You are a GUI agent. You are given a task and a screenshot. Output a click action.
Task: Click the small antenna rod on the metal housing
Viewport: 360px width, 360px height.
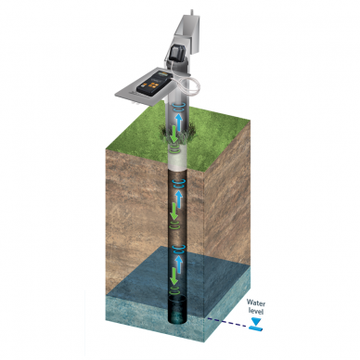point(192,12)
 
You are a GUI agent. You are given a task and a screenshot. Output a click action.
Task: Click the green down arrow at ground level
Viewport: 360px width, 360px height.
point(174,134)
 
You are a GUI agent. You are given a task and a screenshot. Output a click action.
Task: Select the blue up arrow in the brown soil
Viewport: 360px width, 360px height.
point(179,199)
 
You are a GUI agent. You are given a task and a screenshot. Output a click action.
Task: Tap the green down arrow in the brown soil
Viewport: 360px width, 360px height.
point(174,212)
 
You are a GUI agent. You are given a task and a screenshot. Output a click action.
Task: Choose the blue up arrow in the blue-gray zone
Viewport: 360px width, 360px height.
point(179,264)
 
